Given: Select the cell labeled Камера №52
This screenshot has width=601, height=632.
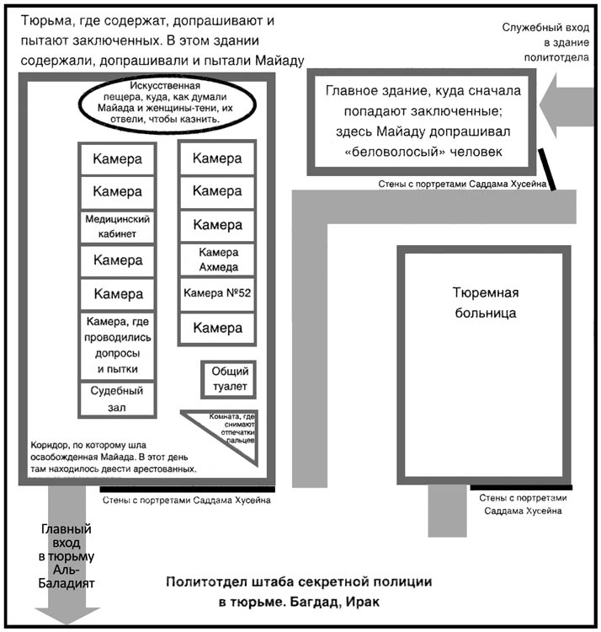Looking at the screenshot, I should click(217, 293).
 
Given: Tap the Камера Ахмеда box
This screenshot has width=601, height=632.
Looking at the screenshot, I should click(217, 260).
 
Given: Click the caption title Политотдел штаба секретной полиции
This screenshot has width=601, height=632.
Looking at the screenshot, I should click(299, 582).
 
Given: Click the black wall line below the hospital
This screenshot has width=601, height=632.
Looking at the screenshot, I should click(521, 487).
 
